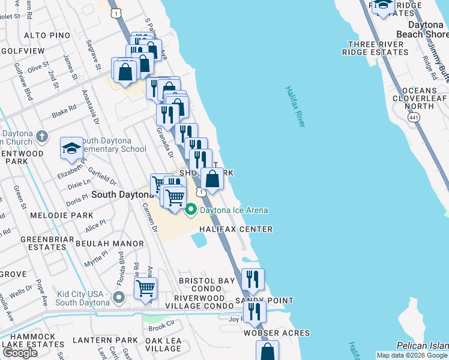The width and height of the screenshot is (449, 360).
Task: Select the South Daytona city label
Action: point(123,195)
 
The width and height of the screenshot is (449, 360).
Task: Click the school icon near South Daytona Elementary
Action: point(71,148)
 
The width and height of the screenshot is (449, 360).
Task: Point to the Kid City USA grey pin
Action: point(119,297)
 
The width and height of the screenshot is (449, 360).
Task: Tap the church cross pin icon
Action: point(41,136)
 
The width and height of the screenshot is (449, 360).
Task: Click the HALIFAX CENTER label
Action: point(236,229)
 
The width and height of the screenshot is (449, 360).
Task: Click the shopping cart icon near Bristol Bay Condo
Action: point(145,289)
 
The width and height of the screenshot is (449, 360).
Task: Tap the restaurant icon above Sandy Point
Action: point(253,279)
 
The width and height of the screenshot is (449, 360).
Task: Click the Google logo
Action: point(20,353)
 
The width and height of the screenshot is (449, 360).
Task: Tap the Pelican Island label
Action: point(423,346)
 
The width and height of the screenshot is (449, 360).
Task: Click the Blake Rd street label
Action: point(64,110)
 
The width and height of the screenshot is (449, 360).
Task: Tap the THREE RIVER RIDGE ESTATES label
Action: point(376,49)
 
